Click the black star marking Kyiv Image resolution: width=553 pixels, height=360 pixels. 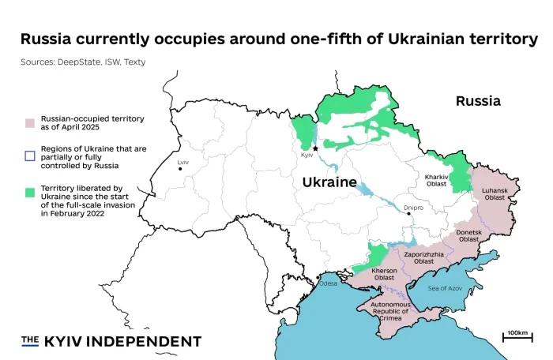coord(315,148)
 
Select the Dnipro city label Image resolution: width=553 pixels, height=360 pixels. coord(413,208)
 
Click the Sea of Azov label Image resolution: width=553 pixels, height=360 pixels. coord(445,288)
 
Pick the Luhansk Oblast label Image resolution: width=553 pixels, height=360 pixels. coord(495,193)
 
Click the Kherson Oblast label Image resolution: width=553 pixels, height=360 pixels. coord(385,274)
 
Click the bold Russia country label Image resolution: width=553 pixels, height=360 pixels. coord(478,101)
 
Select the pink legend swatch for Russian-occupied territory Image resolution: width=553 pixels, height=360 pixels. coord(29,123)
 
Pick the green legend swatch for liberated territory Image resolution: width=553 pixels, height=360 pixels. coord(29,192)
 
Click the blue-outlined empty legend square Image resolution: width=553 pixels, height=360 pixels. coord(29,157)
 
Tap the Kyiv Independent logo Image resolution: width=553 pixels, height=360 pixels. coord(111,341)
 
